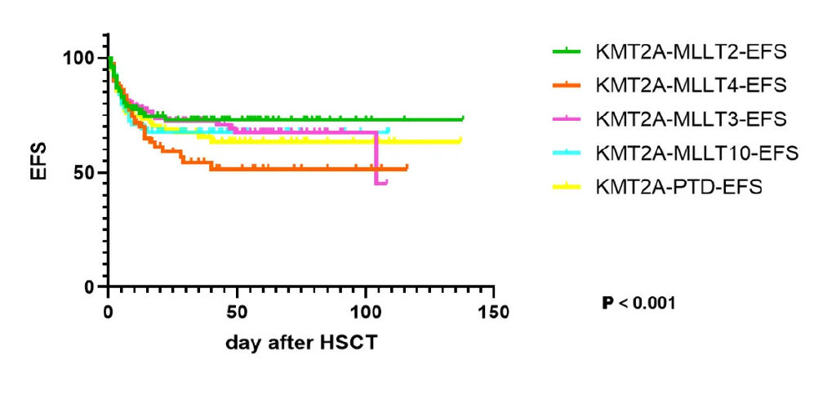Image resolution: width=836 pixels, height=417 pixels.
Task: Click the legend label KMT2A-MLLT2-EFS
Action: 691,51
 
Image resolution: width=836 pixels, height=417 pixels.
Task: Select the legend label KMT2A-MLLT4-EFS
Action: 691,85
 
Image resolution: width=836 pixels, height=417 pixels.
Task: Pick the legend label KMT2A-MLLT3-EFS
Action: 691,118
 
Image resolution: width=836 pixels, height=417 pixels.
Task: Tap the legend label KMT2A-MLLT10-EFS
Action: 696,153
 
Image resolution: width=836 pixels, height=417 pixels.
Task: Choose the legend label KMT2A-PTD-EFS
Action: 678,187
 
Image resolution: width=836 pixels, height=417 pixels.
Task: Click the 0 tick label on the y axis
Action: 91,287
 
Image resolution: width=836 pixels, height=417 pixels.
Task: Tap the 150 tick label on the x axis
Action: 494,313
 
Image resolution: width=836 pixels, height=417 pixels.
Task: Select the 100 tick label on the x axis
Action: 365,313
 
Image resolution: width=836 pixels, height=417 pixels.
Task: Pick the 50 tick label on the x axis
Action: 237,313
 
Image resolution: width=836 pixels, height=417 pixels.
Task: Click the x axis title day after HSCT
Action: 301,343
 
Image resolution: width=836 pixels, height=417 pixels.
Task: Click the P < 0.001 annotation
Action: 638,304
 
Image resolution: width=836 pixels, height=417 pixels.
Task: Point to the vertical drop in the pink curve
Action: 376,158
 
